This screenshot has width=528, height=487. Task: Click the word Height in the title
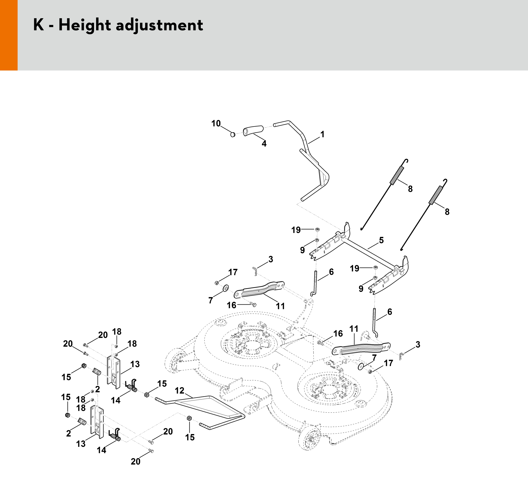85,26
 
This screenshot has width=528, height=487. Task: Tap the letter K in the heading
38,25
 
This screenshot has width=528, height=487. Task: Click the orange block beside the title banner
9,35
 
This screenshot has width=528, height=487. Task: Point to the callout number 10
216,123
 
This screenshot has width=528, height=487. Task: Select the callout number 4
264,144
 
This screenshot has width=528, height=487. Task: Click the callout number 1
322,134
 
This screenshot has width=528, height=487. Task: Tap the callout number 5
381,240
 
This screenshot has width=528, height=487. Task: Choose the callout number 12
180,391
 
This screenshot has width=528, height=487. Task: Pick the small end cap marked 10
233,134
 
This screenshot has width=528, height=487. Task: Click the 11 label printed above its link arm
354,329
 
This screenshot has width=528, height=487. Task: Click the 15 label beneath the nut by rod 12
190,437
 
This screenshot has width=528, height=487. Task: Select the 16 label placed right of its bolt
338,334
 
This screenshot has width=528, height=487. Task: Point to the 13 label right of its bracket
135,364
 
